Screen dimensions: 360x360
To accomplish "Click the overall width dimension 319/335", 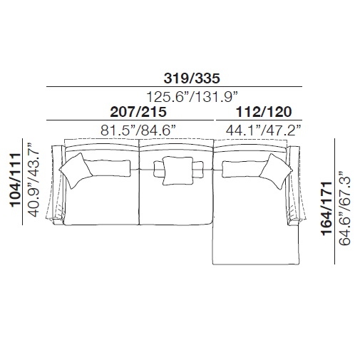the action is [192, 78].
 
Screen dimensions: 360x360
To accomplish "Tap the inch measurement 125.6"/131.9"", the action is [192, 97].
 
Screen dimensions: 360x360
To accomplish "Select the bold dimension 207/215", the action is [138, 112].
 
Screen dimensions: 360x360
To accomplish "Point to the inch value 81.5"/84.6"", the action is [138, 130].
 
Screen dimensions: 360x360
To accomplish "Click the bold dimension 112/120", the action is [264, 112].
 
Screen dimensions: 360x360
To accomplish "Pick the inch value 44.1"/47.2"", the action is [264, 130].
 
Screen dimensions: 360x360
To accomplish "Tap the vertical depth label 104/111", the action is [15, 180].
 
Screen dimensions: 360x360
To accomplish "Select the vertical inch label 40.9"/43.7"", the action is [34, 180].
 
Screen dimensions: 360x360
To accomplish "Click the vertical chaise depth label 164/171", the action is [326, 209].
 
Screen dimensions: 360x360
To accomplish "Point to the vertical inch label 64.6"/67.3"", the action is [345, 208].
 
